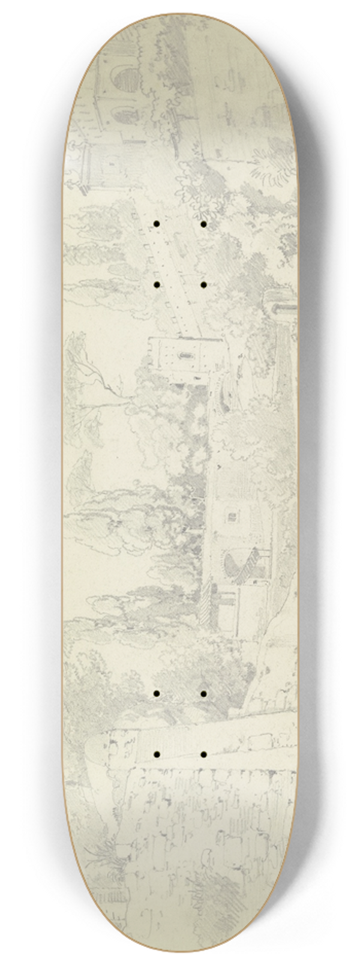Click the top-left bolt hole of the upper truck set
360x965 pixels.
click(x=156, y=224)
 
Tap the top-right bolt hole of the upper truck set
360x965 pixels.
click(x=203, y=224)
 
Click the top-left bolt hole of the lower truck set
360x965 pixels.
click(x=156, y=693)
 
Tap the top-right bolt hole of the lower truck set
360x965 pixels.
click(x=203, y=693)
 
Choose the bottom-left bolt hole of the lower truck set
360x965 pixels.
click(x=156, y=753)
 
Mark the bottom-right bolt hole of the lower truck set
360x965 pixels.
click(x=203, y=753)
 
